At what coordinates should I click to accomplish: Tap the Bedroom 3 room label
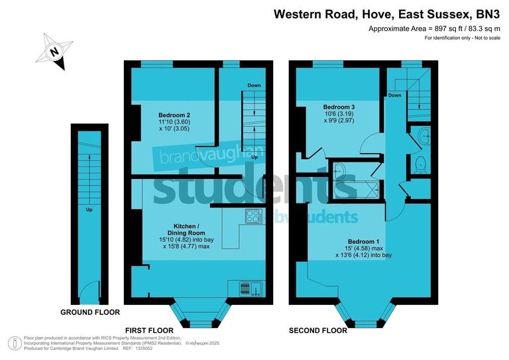tap(339, 107)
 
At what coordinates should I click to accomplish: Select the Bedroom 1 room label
tap(364, 241)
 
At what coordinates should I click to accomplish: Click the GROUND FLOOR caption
tap(90, 312)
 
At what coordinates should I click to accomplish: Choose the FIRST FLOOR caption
tap(149, 330)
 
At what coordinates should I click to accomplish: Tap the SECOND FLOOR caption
tap(318, 330)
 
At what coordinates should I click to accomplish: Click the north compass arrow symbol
tap(56, 50)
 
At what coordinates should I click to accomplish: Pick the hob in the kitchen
tap(254, 215)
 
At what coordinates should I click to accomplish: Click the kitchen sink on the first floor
tap(255, 288)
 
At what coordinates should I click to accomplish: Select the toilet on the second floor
tap(420, 164)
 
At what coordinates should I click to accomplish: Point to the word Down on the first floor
tap(254, 86)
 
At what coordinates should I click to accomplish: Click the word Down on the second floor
tap(395, 95)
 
